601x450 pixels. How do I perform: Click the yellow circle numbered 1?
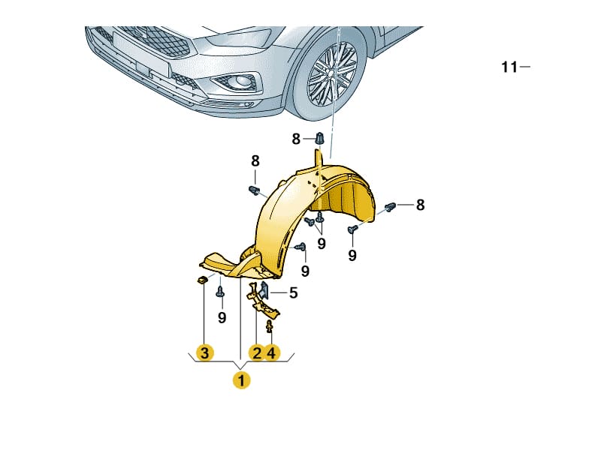pos(241,380)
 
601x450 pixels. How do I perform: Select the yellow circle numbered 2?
pos(256,352)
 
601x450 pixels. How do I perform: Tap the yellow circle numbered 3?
pos(203,352)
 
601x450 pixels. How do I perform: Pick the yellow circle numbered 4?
pos(272,352)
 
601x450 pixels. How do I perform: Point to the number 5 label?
pos(293,293)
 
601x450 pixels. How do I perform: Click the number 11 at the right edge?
pos(509,67)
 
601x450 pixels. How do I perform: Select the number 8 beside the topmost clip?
pos(296,138)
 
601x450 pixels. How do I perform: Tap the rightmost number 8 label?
pos(420,204)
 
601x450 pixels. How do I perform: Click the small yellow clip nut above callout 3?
pos(202,280)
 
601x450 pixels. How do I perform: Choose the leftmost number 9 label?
pos(222,317)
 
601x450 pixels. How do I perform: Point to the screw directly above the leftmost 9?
pos(220,292)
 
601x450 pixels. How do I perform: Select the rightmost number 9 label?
pos(352,256)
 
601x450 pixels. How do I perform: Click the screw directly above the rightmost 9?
pos(352,229)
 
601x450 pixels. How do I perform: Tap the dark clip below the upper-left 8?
pos(253,188)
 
